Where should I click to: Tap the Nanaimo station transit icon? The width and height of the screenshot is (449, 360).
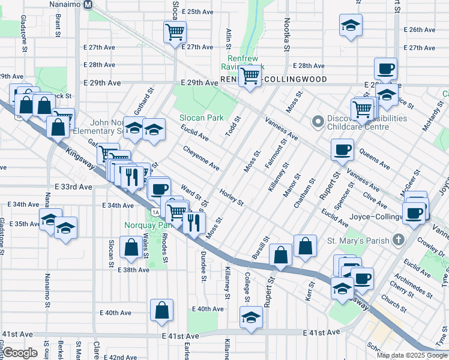pos(88,5)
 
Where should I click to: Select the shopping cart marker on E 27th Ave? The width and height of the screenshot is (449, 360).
pos(175,32)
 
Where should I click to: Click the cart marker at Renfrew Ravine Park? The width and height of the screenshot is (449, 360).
pos(250,76)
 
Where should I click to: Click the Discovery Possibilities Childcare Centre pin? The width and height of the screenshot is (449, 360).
pos(318,122)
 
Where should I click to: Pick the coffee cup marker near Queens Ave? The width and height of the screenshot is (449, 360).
pos(342,149)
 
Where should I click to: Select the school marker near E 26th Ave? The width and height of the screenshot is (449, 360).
pos(351,25)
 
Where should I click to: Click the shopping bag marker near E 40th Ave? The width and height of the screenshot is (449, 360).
pos(161,310)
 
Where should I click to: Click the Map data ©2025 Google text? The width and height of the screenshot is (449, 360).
pos(411,355)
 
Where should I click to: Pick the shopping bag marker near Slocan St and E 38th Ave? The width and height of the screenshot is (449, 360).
pos(131,247)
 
